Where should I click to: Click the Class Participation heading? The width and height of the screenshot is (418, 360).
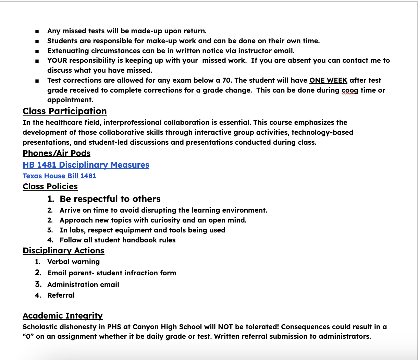click(x=64, y=111)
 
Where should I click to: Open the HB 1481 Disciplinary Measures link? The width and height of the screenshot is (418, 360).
click(x=86, y=165)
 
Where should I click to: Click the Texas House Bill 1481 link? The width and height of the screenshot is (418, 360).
click(x=59, y=176)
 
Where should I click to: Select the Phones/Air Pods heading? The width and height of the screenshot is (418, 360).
click(x=57, y=153)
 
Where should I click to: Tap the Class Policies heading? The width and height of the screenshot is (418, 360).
click(x=50, y=187)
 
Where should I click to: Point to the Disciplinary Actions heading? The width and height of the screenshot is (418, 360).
click(x=63, y=251)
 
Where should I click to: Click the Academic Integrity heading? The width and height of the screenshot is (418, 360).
click(x=62, y=316)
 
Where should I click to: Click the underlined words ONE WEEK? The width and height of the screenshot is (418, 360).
click(x=328, y=80)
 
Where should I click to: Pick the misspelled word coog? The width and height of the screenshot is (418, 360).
click(x=350, y=90)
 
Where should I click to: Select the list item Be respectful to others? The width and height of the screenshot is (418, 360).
click(x=110, y=199)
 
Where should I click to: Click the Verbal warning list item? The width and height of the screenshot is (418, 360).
click(x=73, y=262)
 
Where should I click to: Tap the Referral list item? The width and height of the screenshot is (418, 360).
click(x=61, y=295)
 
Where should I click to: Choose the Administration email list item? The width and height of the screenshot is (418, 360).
click(x=83, y=285)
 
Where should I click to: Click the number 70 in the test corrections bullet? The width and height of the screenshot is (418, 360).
click(x=225, y=80)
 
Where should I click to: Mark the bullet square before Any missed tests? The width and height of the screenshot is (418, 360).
click(x=37, y=32)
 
